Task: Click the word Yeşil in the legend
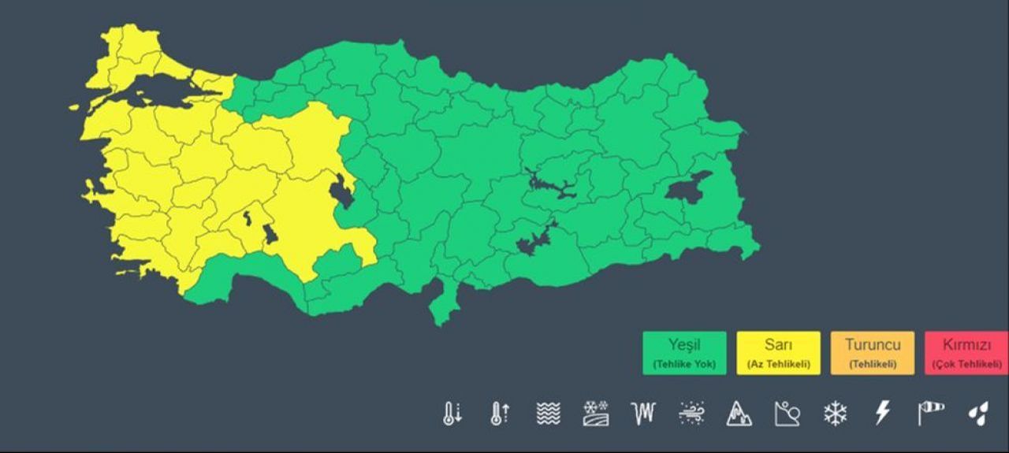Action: click(684, 345)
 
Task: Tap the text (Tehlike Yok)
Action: click(684, 364)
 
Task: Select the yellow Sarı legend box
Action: click(778, 353)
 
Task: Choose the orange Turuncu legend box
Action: click(873, 353)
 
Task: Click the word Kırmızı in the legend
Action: click(966, 345)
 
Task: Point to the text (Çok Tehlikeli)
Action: click(966, 364)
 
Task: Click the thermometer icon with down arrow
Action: click(452, 413)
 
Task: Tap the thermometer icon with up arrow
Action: click(501, 413)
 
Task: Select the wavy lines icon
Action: click(548, 413)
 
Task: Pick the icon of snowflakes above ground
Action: click(596, 413)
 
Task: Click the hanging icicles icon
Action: click(643, 413)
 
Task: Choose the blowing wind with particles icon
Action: click(691, 413)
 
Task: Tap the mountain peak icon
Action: click(739, 413)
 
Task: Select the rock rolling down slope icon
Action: click(787, 413)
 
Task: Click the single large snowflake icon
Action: click(835, 413)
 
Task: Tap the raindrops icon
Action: click(978, 413)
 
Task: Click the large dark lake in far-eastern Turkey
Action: click(687, 188)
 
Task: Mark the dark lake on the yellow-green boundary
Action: click(342, 192)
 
